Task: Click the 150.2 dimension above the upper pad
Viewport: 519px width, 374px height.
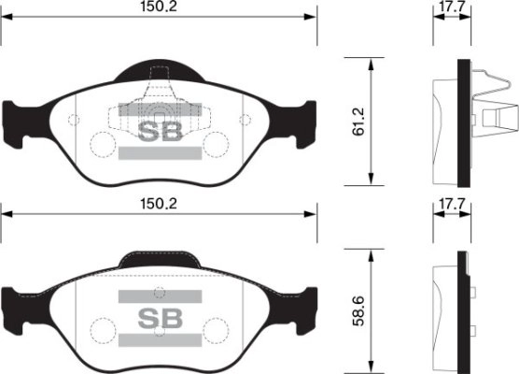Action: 159,8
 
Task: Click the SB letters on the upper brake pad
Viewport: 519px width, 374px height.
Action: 160,131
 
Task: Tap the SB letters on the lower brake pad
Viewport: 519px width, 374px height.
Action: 160,316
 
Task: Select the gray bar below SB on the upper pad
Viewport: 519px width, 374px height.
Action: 160,152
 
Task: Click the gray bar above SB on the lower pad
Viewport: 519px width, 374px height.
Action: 160,295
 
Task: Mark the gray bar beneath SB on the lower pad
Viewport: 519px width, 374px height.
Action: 160,338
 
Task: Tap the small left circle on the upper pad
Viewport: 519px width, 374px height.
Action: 73,119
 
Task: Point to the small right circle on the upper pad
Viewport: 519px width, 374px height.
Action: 245,119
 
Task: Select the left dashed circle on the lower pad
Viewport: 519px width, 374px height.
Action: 101,329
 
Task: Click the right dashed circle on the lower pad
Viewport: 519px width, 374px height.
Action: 217,329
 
